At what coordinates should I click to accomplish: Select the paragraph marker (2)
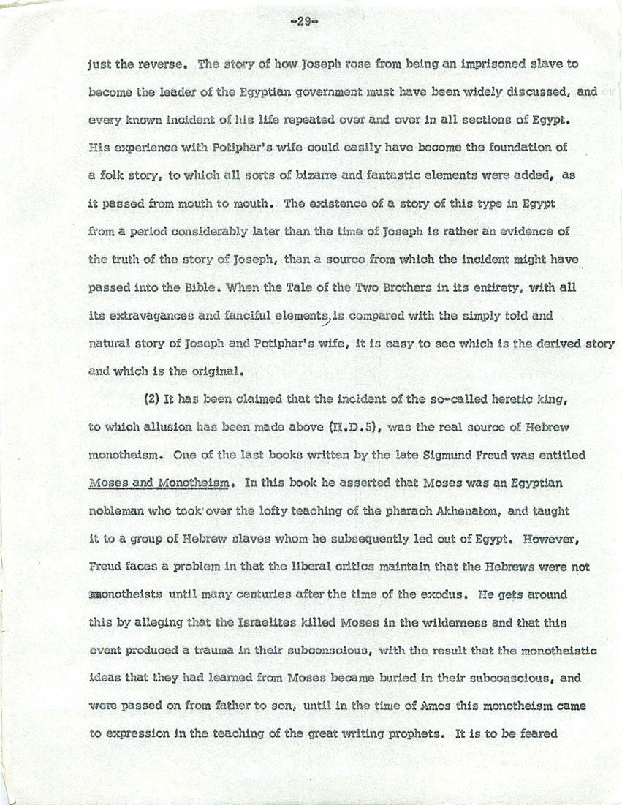(x=154, y=399)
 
